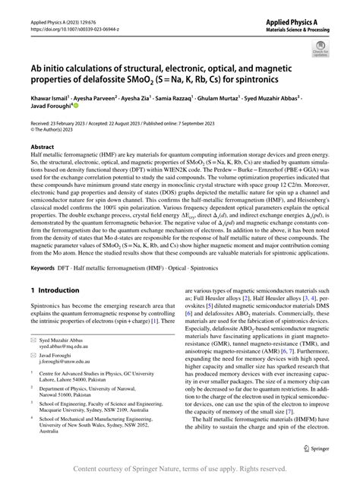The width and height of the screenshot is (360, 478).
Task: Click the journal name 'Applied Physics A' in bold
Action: coord(303,24)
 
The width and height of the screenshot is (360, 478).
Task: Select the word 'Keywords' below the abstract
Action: coord(43,248)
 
